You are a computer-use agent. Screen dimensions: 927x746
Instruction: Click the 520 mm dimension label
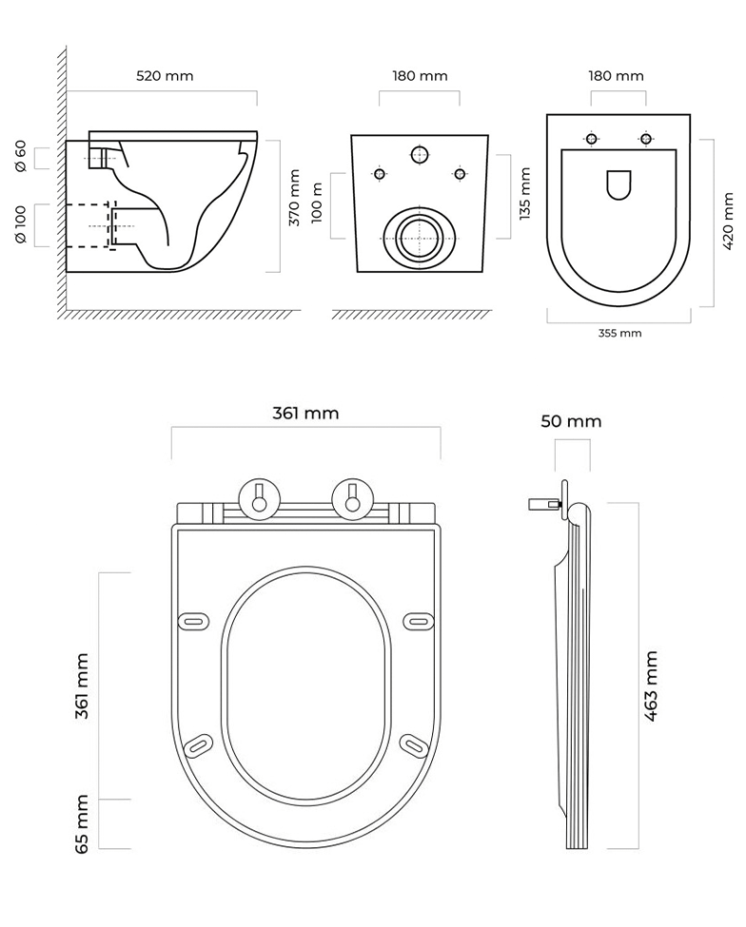click(166, 76)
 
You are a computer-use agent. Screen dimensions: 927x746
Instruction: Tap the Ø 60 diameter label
click(21, 156)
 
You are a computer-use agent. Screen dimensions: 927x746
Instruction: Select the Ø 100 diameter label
click(21, 225)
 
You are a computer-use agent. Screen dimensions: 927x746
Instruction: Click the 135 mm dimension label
click(524, 193)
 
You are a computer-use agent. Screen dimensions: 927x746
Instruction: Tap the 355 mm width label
click(619, 333)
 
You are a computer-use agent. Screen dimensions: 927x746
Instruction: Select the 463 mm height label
click(652, 686)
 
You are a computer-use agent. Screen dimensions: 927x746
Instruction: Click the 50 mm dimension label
click(571, 422)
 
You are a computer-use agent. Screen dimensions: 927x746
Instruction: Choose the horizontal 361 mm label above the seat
click(305, 414)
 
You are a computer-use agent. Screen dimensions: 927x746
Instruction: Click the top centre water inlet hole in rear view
click(419, 154)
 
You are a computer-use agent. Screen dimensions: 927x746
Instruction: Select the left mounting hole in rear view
click(380, 174)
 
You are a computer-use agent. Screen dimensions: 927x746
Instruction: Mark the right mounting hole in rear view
click(460, 174)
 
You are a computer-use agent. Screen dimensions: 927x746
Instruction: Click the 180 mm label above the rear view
click(420, 76)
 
